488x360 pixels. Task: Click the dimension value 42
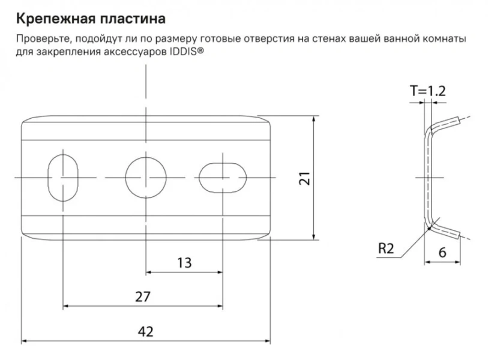pos(145,331)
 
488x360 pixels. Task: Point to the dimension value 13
pos(185,262)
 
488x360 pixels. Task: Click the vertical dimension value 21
pos(304,178)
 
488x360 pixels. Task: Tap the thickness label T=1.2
pos(427,91)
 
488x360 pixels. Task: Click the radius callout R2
pos(387,248)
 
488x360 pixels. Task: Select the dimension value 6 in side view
pos(443,253)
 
